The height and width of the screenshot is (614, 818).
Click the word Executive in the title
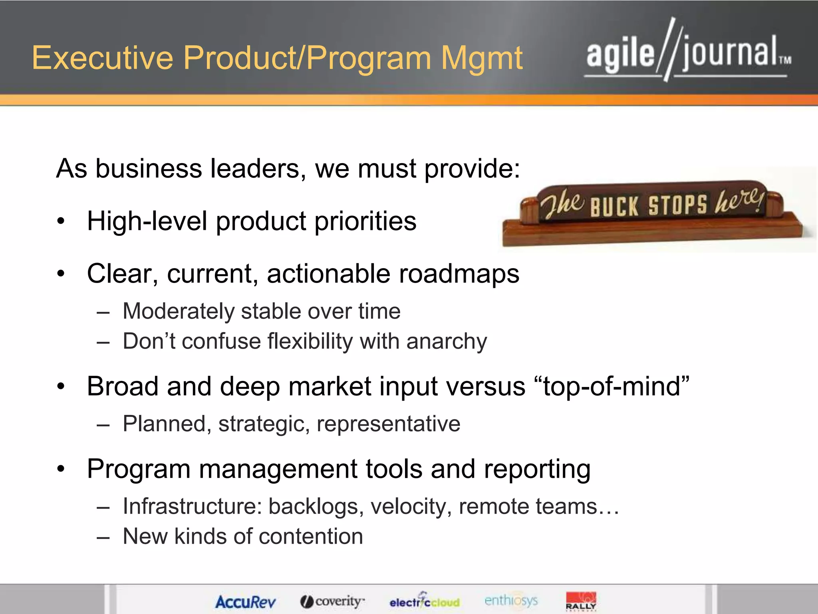click(x=102, y=58)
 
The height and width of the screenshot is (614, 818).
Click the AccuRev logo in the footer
click(x=245, y=602)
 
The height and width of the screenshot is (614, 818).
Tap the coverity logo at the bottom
click(x=332, y=601)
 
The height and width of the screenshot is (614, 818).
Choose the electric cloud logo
click(x=425, y=601)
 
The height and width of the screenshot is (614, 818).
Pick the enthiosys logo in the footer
click(x=511, y=600)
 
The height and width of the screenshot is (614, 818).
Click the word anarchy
click(x=447, y=342)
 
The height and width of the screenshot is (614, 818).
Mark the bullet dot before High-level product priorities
click(x=61, y=221)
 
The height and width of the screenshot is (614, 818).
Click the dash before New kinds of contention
click(x=103, y=537)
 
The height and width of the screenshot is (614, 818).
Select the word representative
click(x=388, y=424)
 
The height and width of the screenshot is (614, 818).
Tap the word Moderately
click(x=179, y=311)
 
